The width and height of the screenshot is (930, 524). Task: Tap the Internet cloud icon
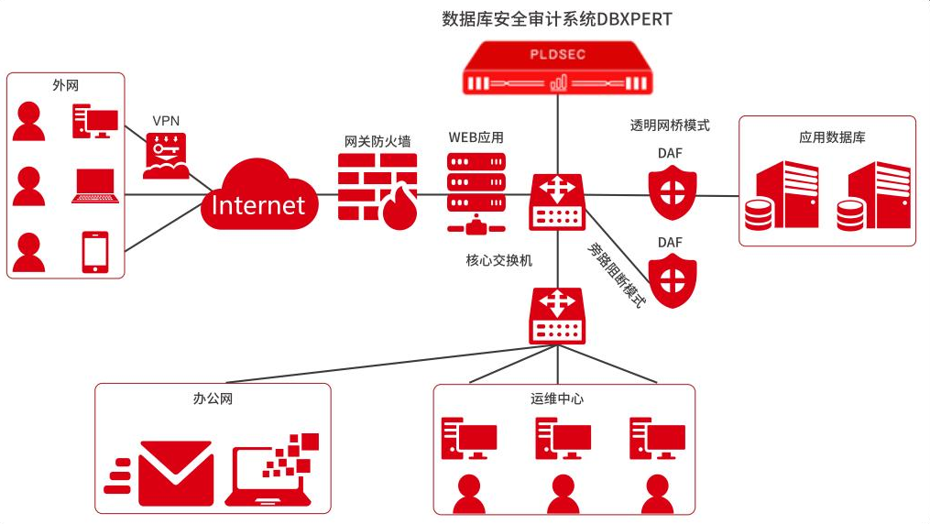[258, 196]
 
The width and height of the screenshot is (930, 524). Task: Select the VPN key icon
[167, 155]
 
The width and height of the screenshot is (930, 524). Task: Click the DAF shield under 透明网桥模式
[673, 192]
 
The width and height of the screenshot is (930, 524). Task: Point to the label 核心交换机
[498, 260]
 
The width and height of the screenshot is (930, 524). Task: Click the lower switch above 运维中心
[556, 316]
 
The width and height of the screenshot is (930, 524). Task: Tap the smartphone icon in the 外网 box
[95, 251]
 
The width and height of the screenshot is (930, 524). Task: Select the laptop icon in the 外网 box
[95, 186]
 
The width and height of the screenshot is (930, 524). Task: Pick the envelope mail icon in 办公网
[174, 473]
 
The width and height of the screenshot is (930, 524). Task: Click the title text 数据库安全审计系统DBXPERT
[556, 19]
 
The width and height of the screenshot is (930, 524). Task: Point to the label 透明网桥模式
[670, 126]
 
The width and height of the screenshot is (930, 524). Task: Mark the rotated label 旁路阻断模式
[615, 274]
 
